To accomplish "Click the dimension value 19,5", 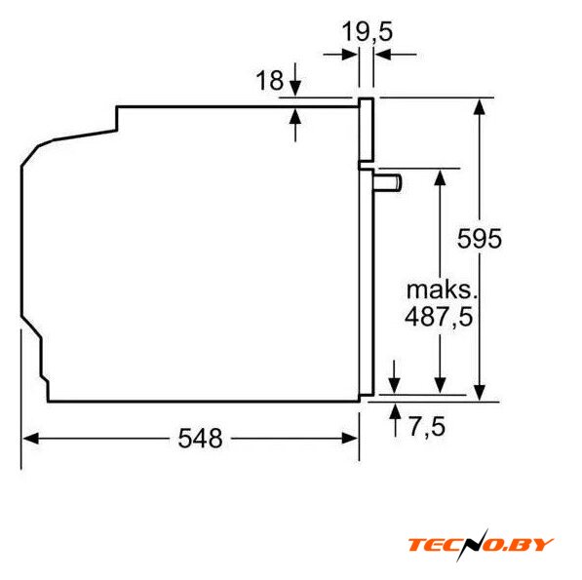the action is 367,31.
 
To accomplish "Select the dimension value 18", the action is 269,80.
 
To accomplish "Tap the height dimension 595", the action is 480,239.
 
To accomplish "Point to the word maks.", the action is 442,290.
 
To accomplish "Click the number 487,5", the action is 439,317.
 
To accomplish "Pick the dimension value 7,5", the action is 427,426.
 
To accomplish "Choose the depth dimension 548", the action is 200,439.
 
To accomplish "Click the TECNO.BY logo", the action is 481,544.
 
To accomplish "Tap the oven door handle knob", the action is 387,183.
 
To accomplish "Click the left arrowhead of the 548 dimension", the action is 30,439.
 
